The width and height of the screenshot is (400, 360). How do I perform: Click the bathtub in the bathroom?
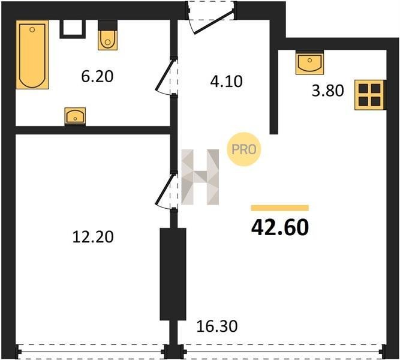tap(32, 55)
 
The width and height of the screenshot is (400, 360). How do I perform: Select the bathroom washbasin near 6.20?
tap(75, 116)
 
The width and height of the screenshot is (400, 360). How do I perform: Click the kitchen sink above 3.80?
tap(309, 63)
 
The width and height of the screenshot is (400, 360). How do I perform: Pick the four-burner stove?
tap(369, 95)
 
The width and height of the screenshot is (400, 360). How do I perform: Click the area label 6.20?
tap(97, 76)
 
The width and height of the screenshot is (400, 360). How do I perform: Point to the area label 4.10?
tap(226, 82)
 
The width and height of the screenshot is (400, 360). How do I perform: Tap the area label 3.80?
tap(328, 91)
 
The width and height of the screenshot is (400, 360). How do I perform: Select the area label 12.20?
tap(93, 236)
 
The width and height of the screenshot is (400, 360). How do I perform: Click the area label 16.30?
tap(217, 326)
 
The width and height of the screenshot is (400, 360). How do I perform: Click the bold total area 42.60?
tap(280, 228)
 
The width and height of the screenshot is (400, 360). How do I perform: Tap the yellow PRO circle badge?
tap(243, 149)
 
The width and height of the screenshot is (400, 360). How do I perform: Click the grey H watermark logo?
tap(200, 177)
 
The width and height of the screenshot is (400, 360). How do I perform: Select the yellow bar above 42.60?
tap(280, 208)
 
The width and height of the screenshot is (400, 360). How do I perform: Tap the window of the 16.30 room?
tap(283, 352)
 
